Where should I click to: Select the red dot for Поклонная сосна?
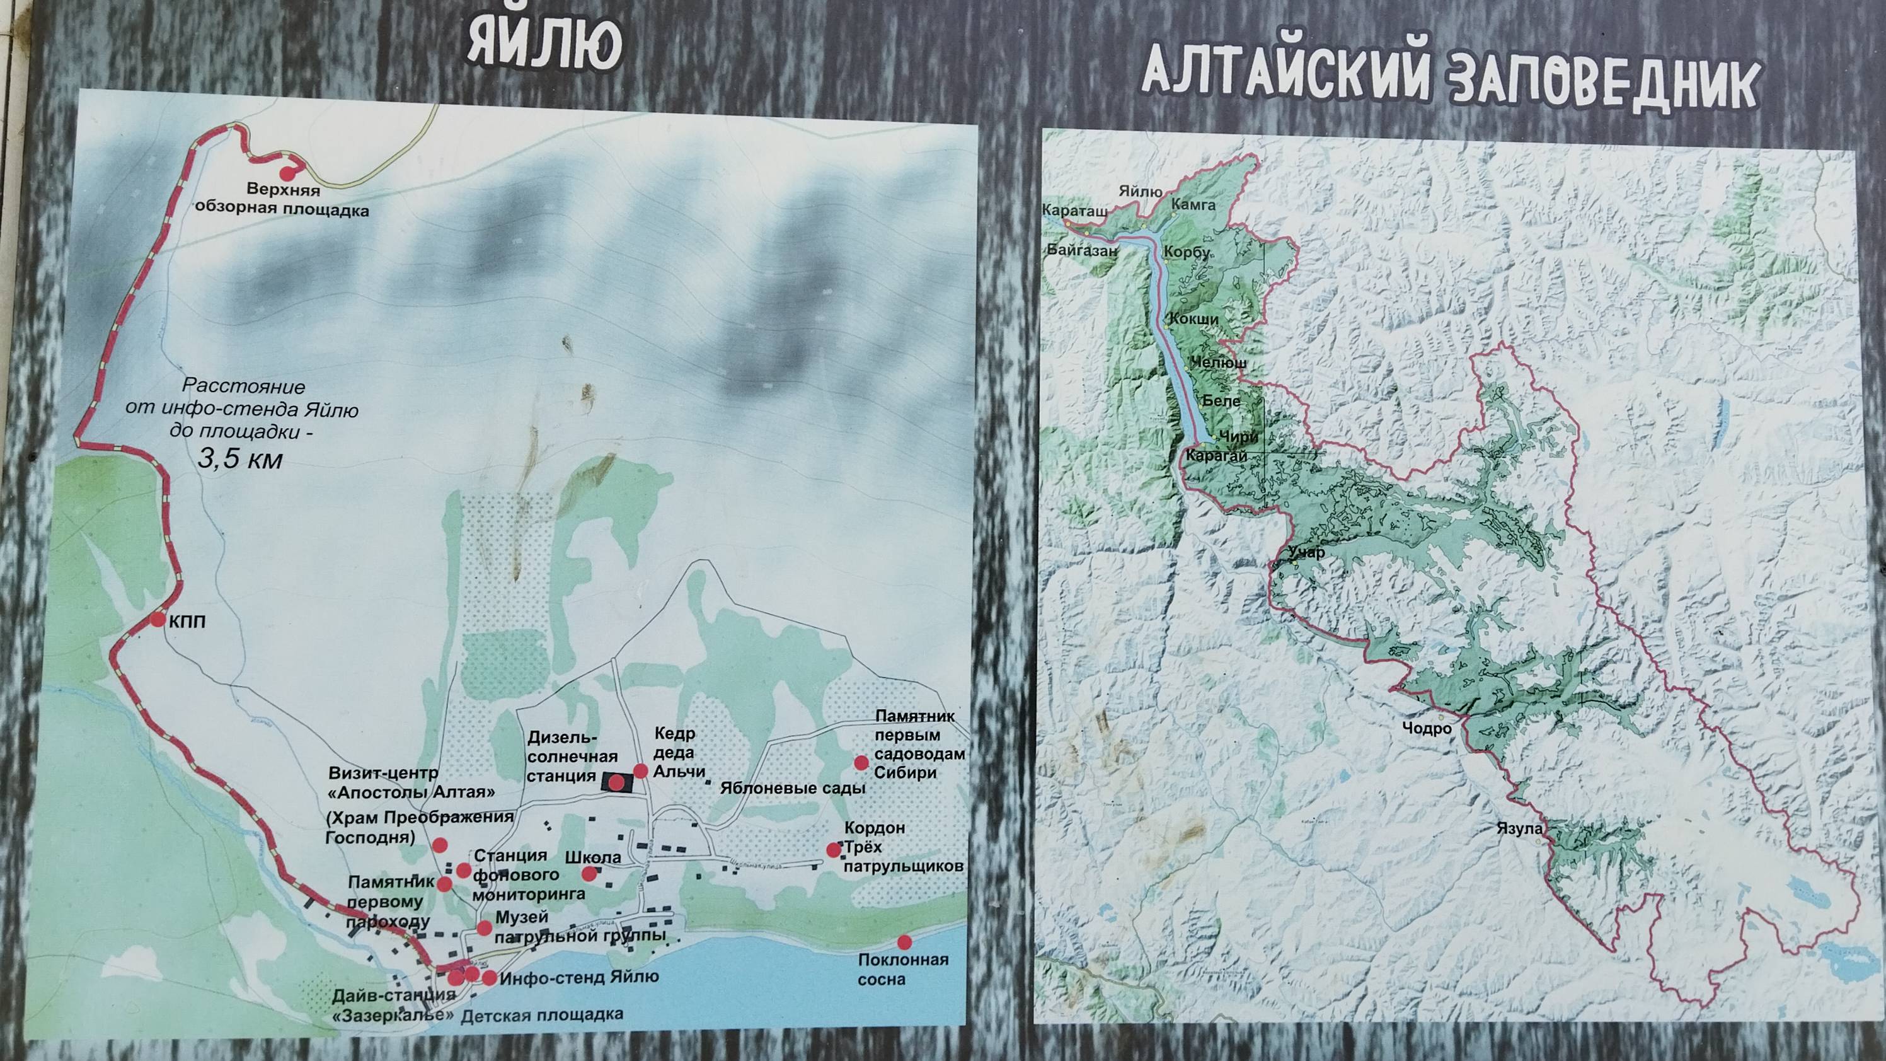pos(905,942)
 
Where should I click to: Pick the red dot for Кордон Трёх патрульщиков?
pos(833,850)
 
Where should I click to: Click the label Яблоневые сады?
pos(793,789)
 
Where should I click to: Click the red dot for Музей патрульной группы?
pos(484,928)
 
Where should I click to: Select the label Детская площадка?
pos(543,1015)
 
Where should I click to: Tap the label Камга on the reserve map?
pos(1193,205)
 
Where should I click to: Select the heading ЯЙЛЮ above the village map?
pos(544,45)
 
